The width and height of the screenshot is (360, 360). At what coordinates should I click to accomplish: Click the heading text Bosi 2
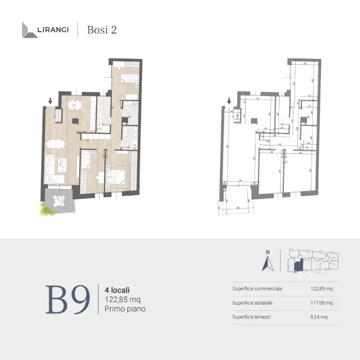[102, 29]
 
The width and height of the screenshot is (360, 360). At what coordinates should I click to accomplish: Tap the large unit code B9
[68, 300]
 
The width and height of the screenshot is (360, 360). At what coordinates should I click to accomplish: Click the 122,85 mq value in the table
[321, 288]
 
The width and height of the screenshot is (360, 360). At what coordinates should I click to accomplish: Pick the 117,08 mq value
[321, 303]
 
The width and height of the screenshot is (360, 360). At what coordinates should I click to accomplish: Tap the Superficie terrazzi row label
[253, 317]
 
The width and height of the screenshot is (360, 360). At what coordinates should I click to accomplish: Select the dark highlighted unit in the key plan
[298, 266]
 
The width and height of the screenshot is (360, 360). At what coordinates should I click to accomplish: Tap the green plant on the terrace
[46, 209]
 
